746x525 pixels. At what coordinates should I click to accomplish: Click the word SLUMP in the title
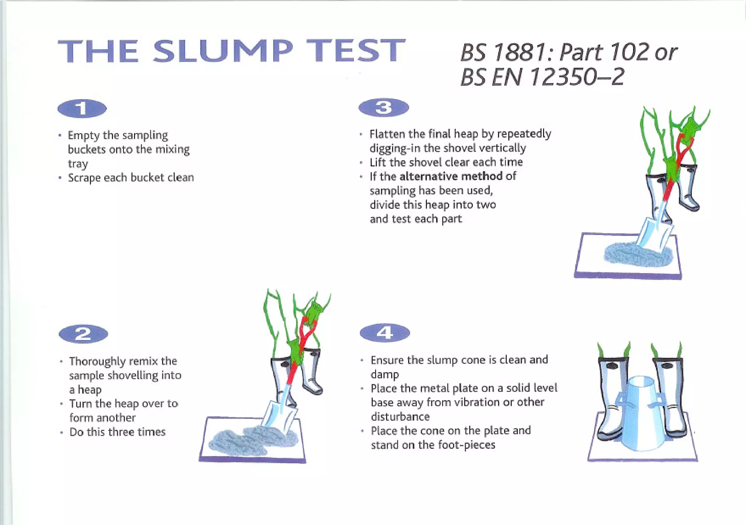coord(223,51)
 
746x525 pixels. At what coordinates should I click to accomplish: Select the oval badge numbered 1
coord(82,108)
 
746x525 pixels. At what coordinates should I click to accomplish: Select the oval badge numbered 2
coord(83,334)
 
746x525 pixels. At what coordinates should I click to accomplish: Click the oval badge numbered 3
coord(384,108)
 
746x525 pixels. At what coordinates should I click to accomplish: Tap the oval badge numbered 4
coord(385,333)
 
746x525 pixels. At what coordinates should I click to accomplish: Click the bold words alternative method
coord(451,176)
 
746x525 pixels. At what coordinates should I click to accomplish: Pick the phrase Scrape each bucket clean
coord(131,178)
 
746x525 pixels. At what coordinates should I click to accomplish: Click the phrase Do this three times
coord(117,432)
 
